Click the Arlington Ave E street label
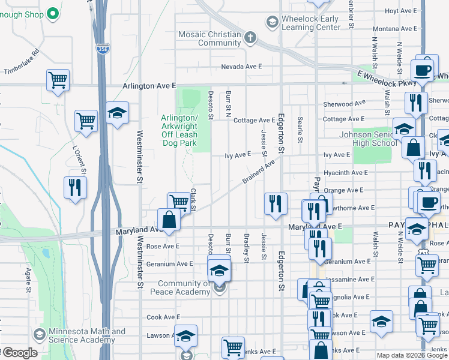(149, 86)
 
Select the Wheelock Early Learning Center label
(310, 23)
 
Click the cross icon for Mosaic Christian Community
(250, 38)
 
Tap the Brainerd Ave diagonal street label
(258, 172)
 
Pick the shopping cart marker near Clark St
(179, 202)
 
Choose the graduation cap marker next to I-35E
(117, 113)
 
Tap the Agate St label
(28, 281)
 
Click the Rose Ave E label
(163, 247)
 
